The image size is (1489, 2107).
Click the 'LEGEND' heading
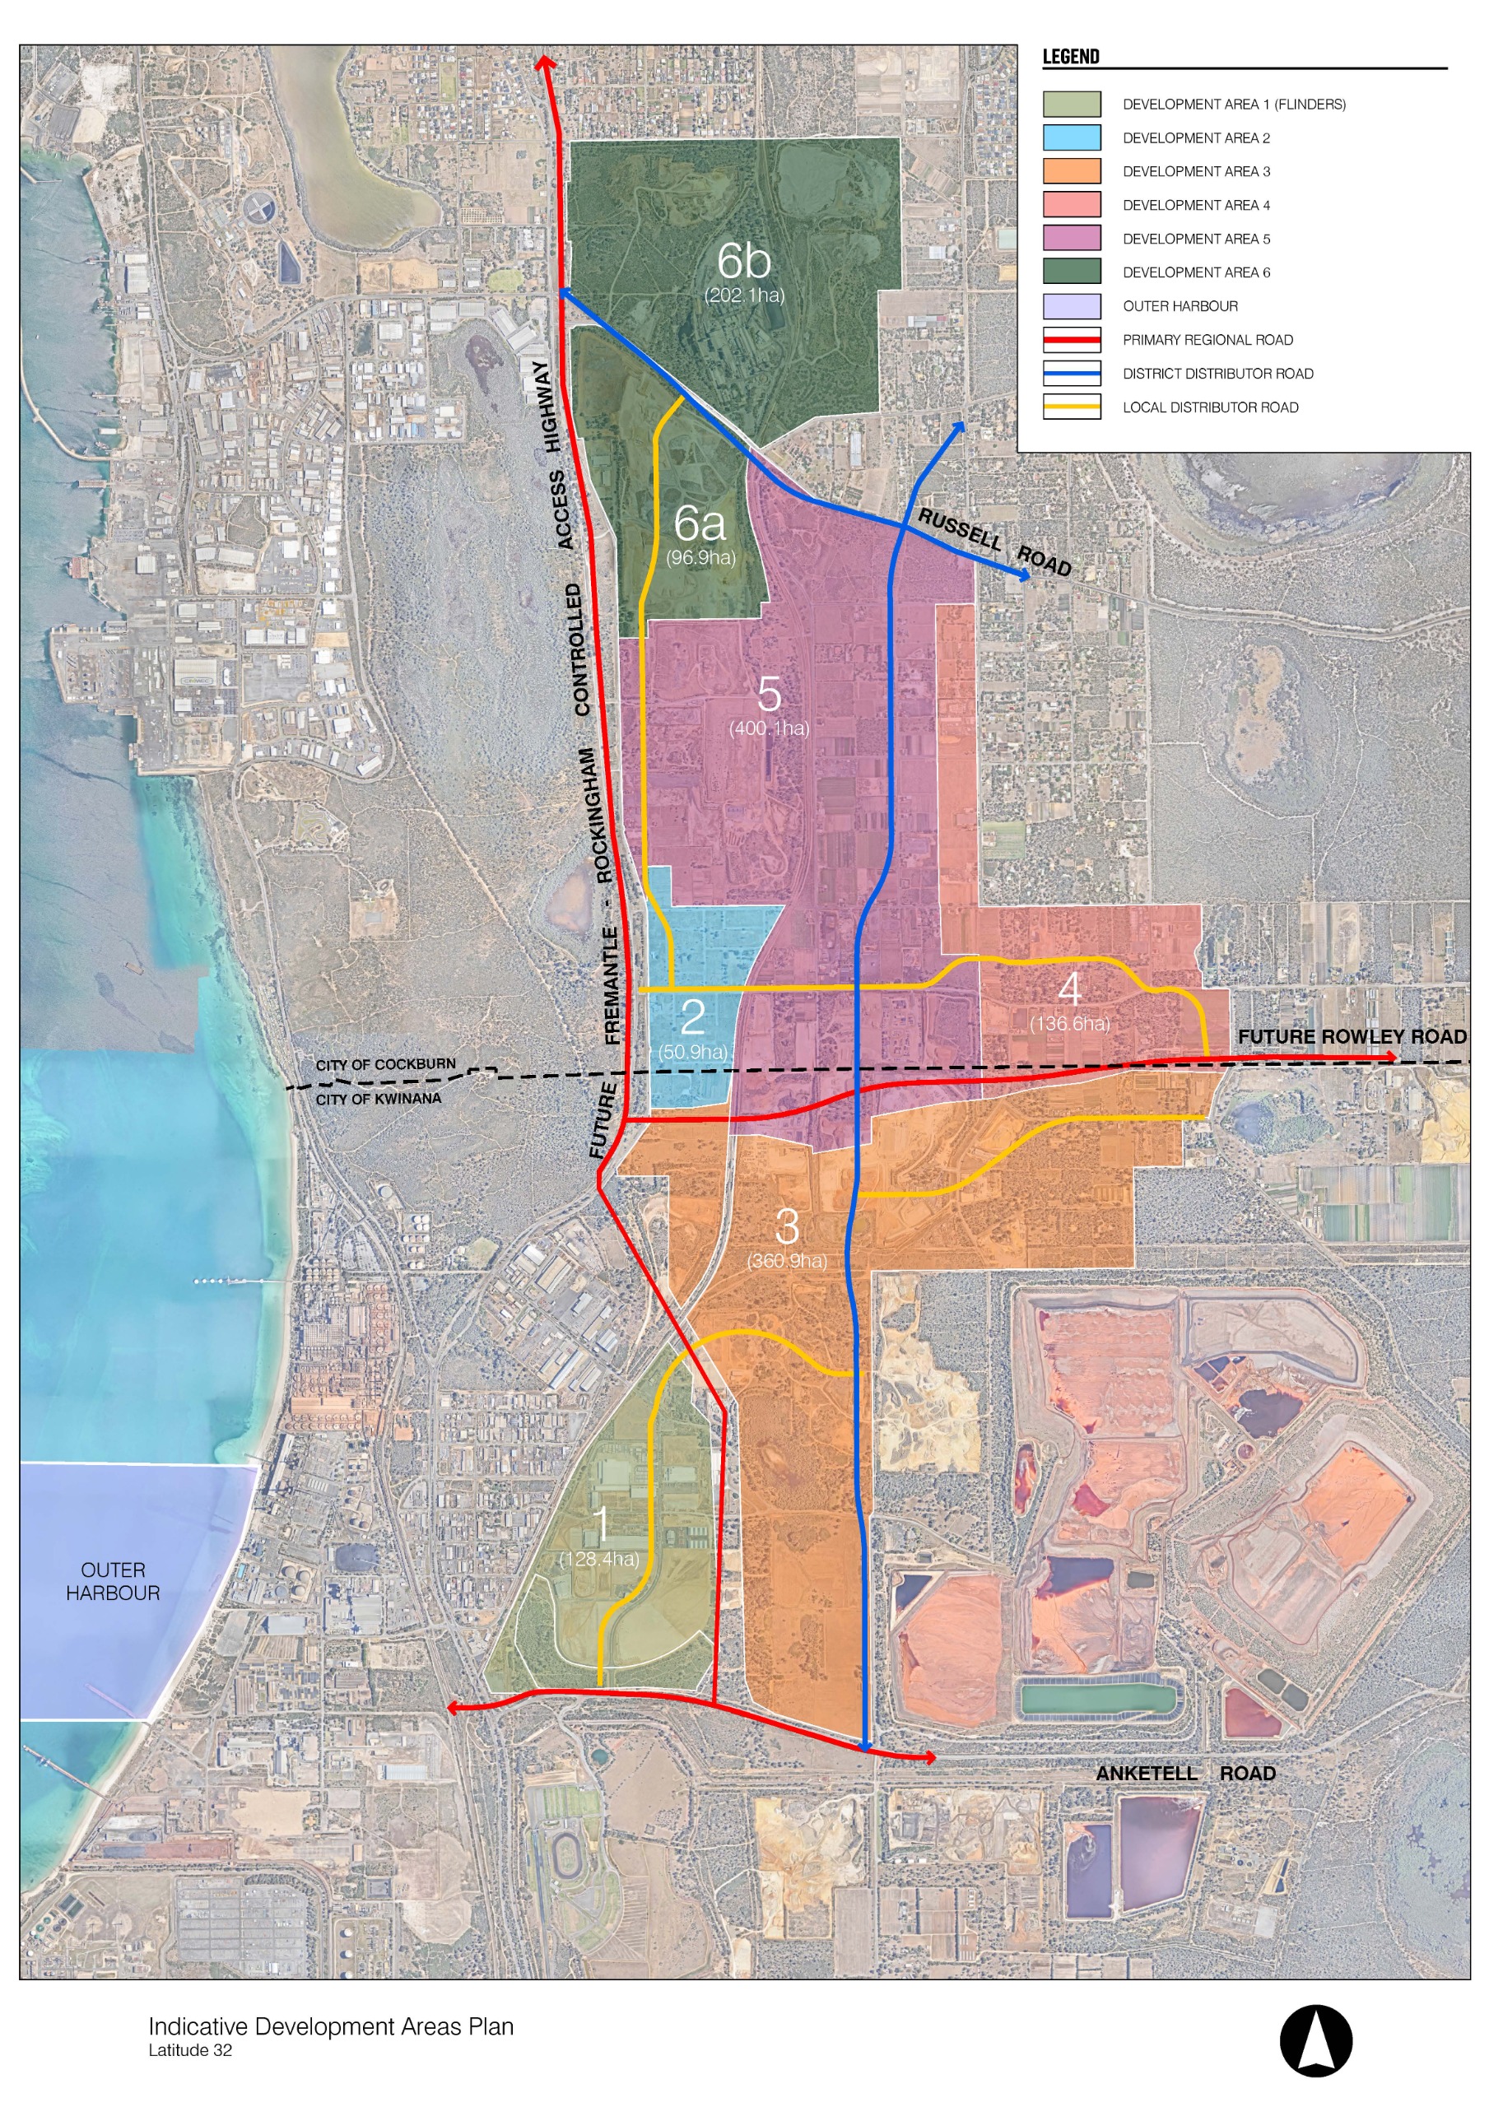coord(1070,57)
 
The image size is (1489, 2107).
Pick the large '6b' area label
coord(743,261)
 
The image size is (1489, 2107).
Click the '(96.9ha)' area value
coord(700,557)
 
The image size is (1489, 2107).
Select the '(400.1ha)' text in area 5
coord(768,728)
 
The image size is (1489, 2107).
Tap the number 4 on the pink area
coord(1068,988)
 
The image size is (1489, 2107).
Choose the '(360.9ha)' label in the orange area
coord(787,1260)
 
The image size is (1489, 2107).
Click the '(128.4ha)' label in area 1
coord(598,1558)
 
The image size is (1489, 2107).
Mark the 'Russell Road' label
coord(994,542)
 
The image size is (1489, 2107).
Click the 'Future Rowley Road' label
coord(1351,1036)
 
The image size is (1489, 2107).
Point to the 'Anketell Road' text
coord(1184,1773)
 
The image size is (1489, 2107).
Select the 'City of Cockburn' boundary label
coord(385,1064)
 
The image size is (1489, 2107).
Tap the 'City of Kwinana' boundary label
coord(378,1099)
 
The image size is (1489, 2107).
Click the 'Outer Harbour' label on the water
coord(113,1581)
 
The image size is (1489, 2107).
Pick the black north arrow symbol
coord(1315,2040)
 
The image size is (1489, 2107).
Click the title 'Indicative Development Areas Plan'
coord(331,2026)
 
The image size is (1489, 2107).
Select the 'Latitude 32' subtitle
coord(190,2050)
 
